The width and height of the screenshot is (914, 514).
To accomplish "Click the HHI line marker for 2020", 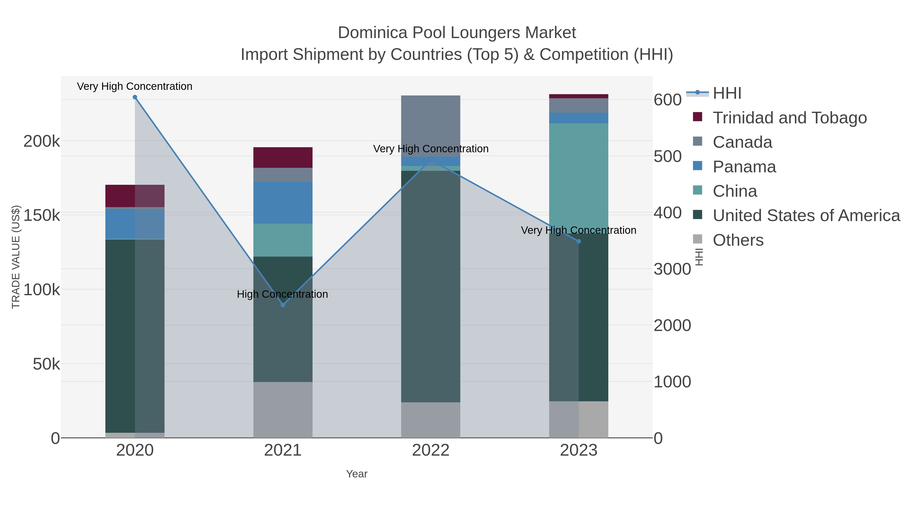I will pos(135,97).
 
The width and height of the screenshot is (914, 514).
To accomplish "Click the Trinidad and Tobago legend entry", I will pos(789,118).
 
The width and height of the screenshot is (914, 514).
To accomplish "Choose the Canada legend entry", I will pos(742,142).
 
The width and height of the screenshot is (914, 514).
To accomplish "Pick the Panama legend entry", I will pos(744,167).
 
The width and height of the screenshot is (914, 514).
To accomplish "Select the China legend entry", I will pos(735,191).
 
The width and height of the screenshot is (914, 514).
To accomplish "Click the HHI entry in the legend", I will pos(727,93).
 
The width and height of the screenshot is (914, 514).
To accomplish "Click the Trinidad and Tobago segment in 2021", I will pos(283,157).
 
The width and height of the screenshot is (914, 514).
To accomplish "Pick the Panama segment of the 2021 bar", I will pos(283,203).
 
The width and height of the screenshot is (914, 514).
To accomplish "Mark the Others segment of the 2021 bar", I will pos(283,410).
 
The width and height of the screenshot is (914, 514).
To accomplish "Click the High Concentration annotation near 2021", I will pos(282,294).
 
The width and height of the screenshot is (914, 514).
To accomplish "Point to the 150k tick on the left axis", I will pos(42,215).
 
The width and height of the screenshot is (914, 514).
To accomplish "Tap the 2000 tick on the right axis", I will pos(672,325).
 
